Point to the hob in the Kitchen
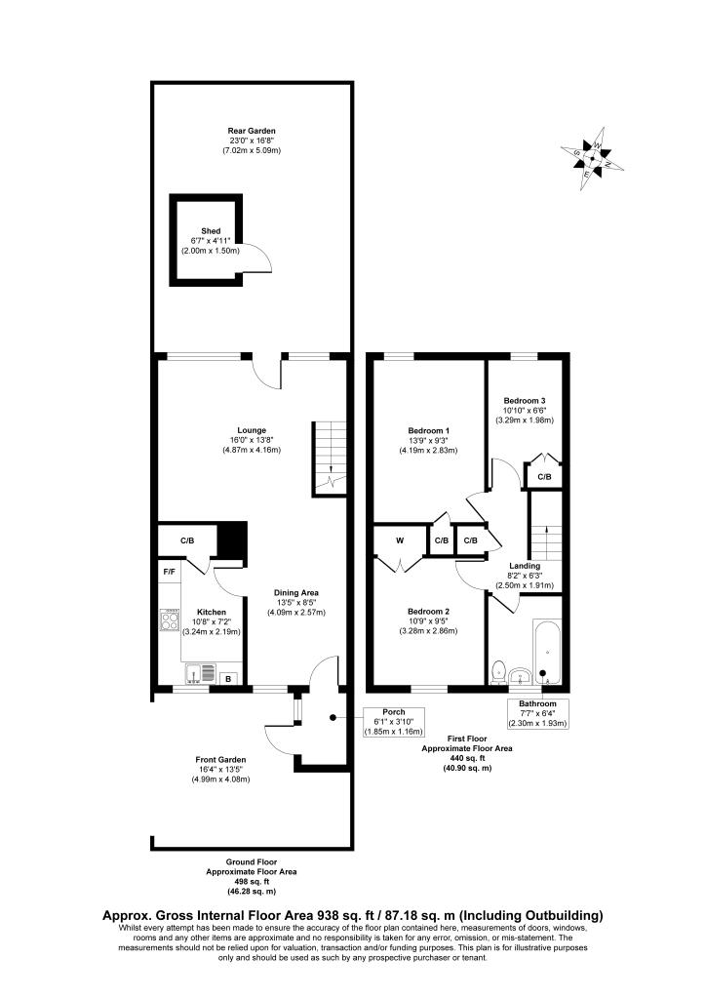click(x=170, y=620)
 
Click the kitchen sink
click(x=200, y=672)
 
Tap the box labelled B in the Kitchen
click(x=229, y=678)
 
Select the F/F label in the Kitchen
click(x=168, y=570)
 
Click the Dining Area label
click(x=295, y=592)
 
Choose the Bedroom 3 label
click(x=525, y=400)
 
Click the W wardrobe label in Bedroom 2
click(x=400, y=540)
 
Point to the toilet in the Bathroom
click(x=500, y=671)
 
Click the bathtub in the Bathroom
click(x=544, y=651)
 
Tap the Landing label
click(x=525, y=566)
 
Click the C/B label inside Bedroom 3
click(x=543, y=476)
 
